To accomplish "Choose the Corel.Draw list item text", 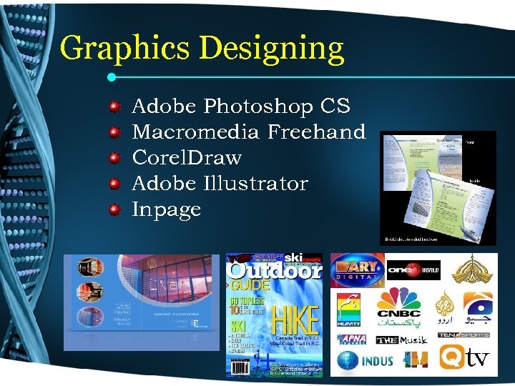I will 187,158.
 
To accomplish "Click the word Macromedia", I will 197,132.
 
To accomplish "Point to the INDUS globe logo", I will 365,360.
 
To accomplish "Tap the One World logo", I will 413,270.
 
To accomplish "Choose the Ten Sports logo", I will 463,335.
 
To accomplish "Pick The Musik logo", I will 403,339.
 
